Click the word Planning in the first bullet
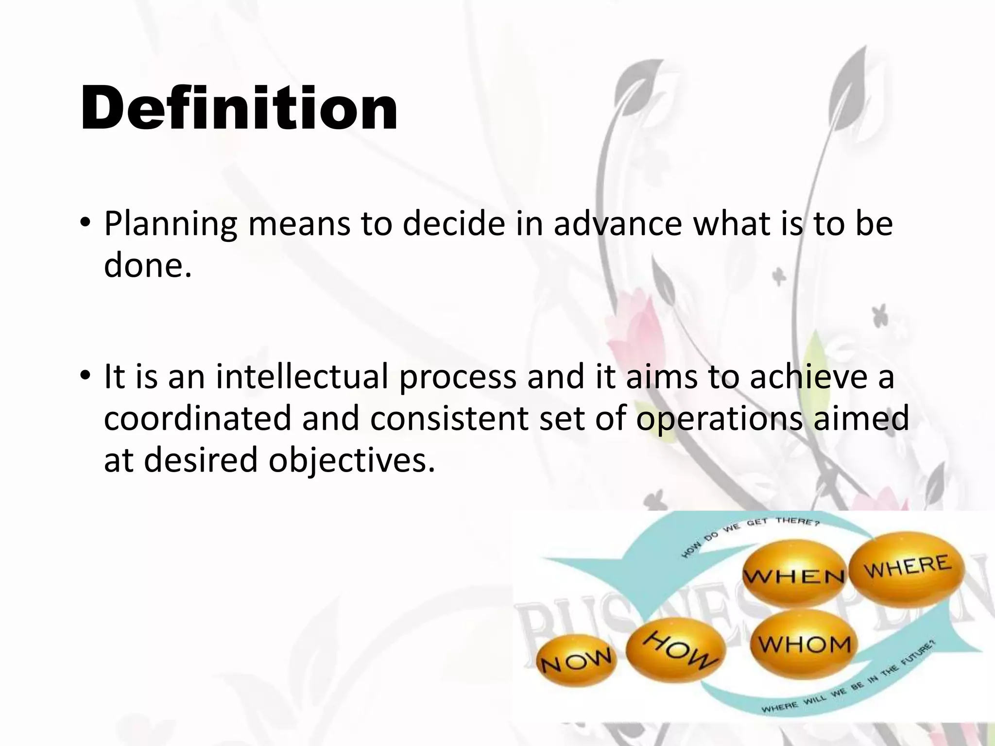(171, 224)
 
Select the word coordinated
(197, 419)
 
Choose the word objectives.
(352, 460)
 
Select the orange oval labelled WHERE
(907, 566)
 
